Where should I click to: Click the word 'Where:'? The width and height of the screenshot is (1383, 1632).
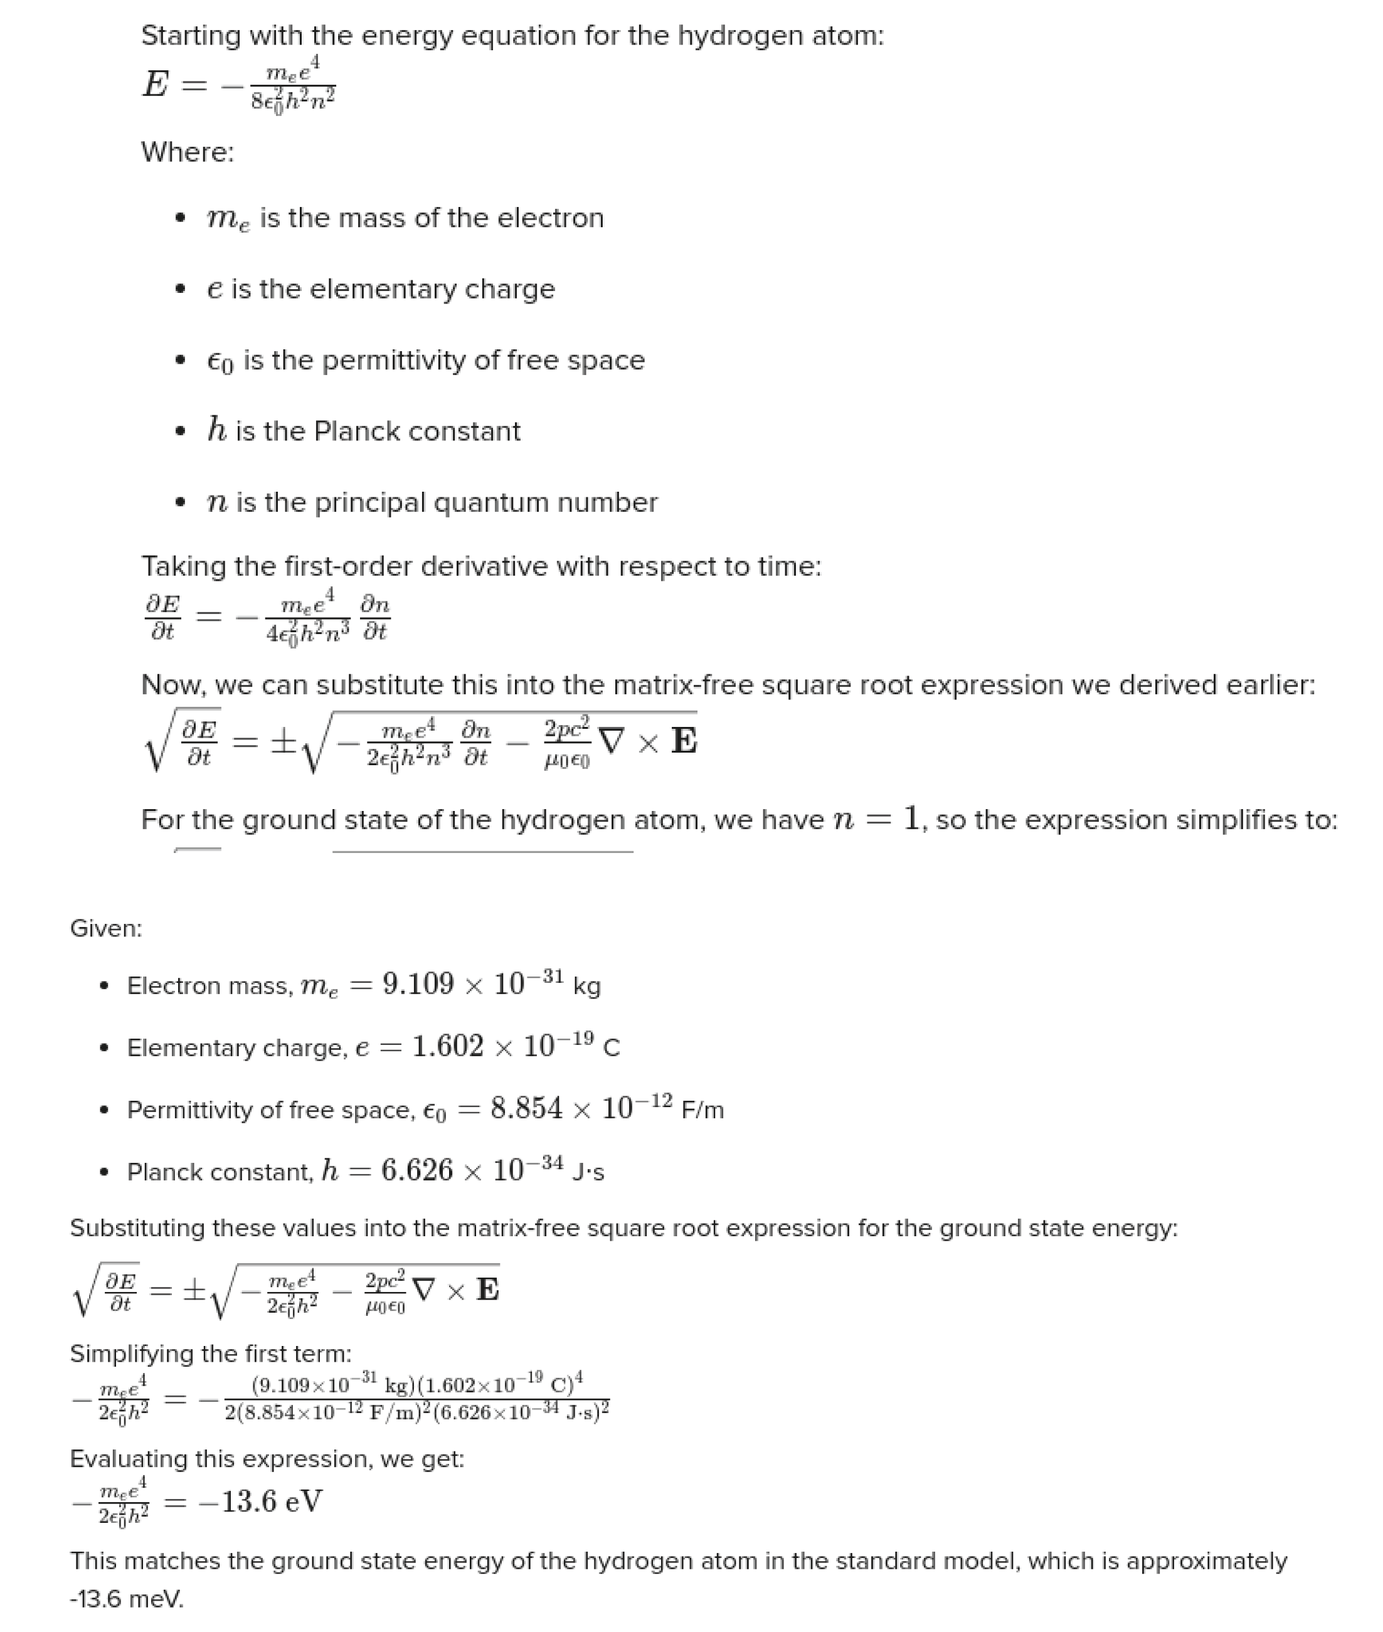pos(188,152)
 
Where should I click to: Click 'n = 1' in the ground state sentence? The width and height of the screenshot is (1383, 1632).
pos(875,820)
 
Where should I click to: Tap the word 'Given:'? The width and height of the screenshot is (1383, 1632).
pos(106,929)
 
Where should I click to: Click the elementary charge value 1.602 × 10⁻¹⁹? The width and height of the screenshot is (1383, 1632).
pos(502,1046)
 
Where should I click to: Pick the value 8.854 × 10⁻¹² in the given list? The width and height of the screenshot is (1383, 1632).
pos(581,1108)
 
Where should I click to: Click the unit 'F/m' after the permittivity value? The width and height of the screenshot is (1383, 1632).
pos(702,1111)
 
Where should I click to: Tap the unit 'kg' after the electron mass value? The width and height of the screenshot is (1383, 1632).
pos(586,986)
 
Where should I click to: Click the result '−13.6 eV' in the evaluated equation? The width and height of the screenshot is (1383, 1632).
pos(260,1501)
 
